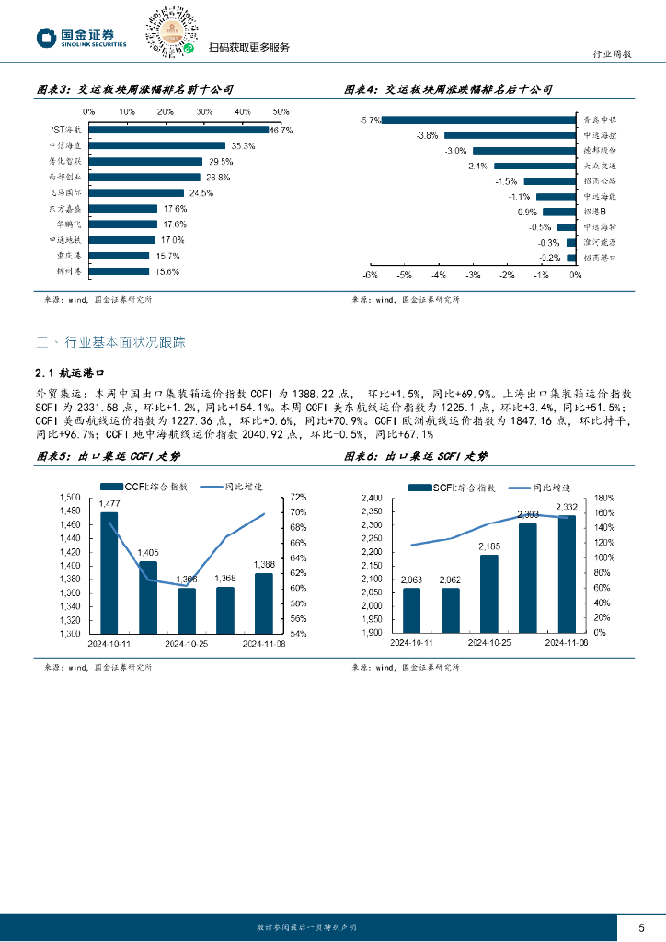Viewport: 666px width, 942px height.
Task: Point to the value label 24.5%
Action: pyautogui.click(x=201, y=193)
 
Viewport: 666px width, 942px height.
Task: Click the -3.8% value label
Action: pyautogui.click(x=427, y=135)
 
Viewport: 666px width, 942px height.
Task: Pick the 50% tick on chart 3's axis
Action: pyautogui.click(x=281, y=112)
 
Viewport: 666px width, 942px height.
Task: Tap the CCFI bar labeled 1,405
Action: pyautogui.click(x=147, y=597)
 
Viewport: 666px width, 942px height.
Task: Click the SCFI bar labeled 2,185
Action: pyautogui.click(x=488, y=593)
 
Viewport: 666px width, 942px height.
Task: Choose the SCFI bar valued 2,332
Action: pyautogui.click(x=567, y=574)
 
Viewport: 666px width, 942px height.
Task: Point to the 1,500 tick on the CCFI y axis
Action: pyautogui.click(x=70, y=498)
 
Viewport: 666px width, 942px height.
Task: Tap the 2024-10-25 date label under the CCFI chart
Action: pyautogui.click(x=187, y=643)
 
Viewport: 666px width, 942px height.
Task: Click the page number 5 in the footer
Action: pyautogui.click(x=642, y=926)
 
